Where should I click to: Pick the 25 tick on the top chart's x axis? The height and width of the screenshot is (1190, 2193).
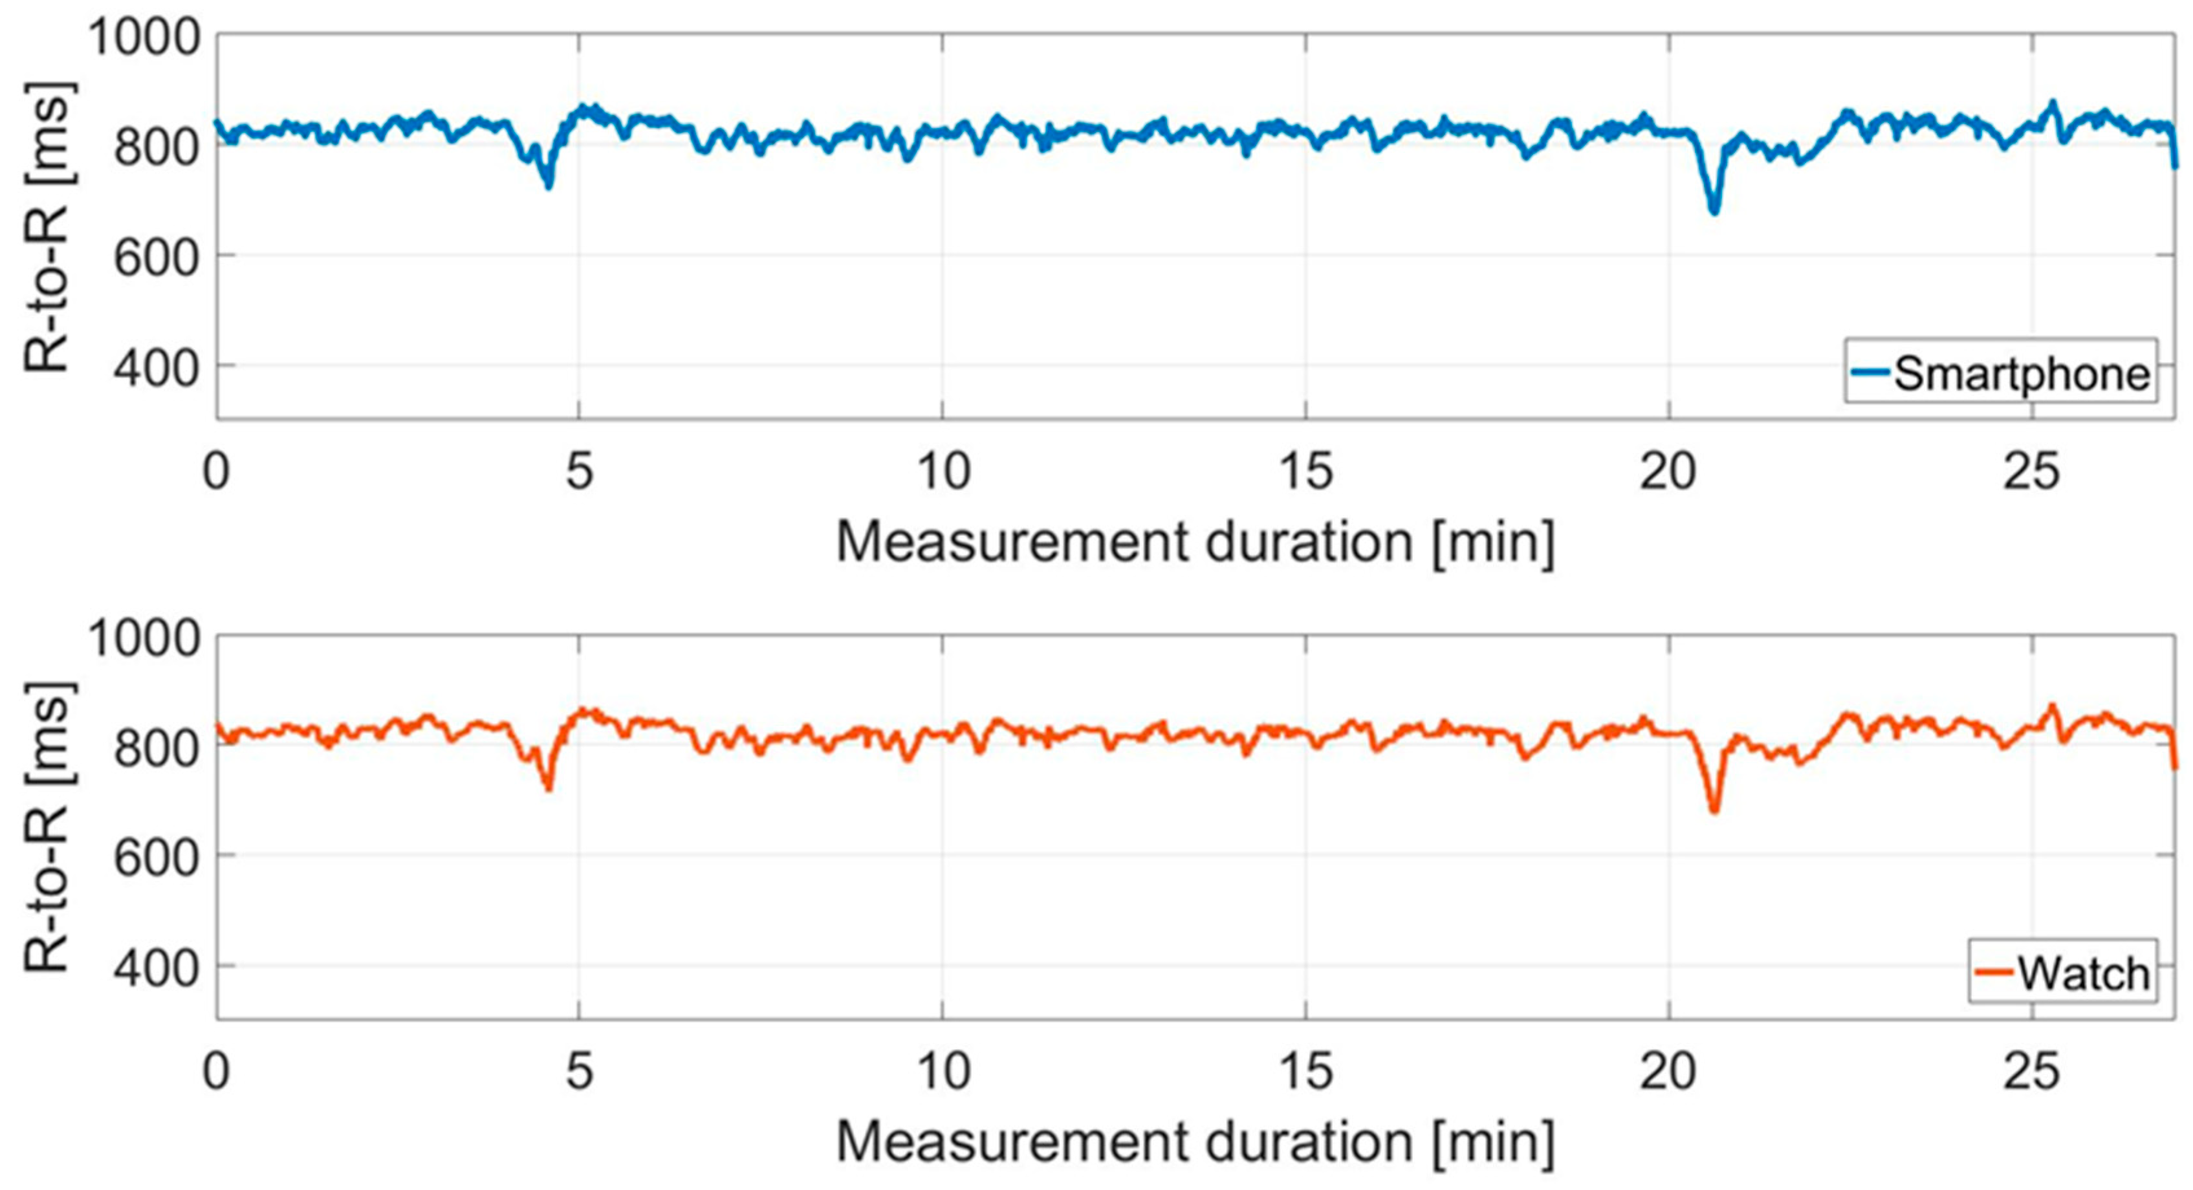tap(2031, 471)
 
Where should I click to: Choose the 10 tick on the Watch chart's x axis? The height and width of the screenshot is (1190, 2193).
tap(943, 1072)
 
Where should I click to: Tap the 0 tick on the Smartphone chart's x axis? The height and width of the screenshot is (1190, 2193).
tap(216, 471)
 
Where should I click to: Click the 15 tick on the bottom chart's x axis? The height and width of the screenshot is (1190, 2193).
tap(1306, 1072)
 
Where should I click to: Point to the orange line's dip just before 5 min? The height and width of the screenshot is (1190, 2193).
tap(549, 787)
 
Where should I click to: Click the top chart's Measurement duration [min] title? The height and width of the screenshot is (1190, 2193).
tap(1195, 542)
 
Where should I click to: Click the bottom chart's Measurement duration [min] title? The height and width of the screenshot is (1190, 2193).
tap(1195, 1142)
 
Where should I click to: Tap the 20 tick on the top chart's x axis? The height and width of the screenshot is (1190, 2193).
tap(1668, 471)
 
